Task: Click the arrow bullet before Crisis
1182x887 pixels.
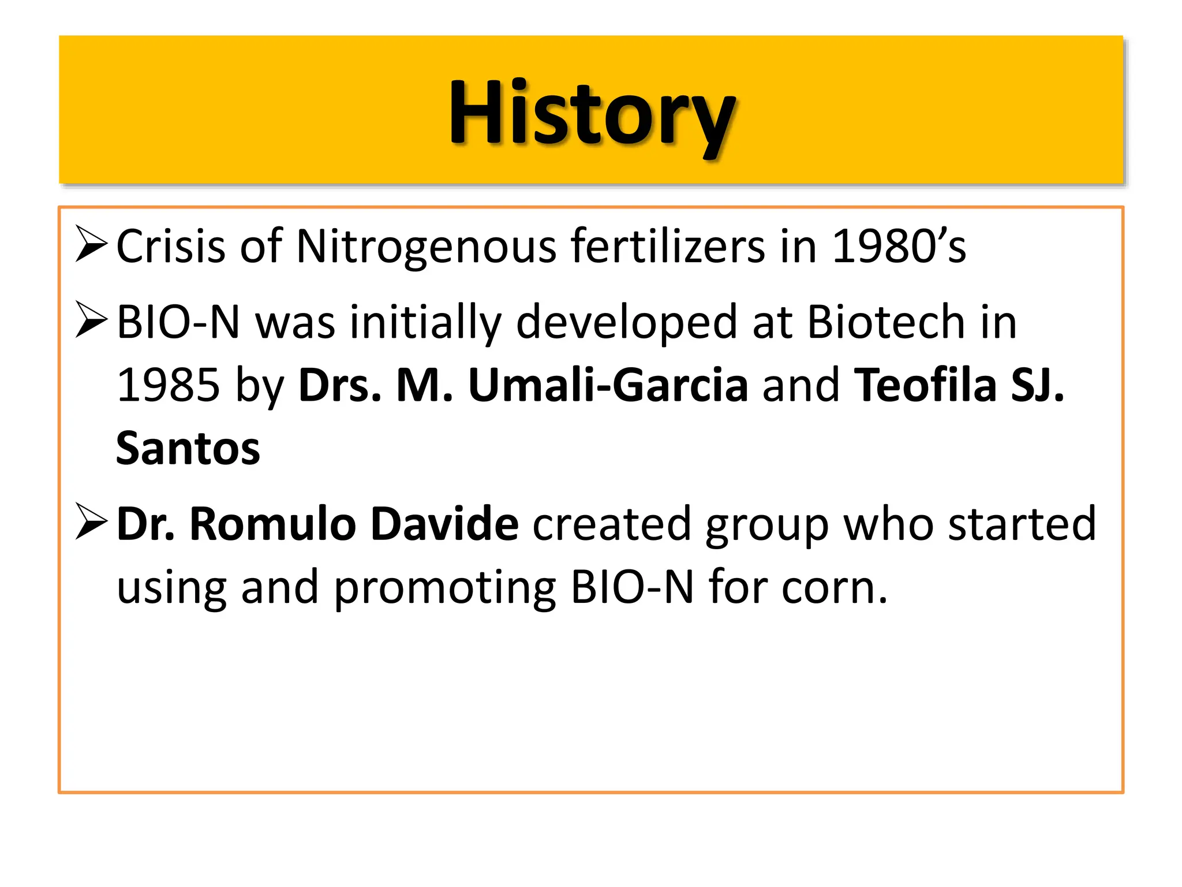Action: pos(91,244)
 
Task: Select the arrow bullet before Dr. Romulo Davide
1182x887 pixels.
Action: pos(91,521)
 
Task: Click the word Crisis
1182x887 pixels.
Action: pos(170,247)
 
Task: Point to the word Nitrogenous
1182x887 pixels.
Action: pos(426,247)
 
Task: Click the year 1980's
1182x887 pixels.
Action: pos(899,247)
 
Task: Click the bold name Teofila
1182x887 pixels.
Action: pos(925,386)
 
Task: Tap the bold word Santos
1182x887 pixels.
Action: pos(188,449)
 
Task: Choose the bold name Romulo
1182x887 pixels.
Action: pos(272,524)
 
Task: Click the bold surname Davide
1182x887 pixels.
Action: pos(444,524)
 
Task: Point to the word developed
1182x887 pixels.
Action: pos(627,322)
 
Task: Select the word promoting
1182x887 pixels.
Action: pos(444,588)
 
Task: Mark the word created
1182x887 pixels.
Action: pos(612,524)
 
